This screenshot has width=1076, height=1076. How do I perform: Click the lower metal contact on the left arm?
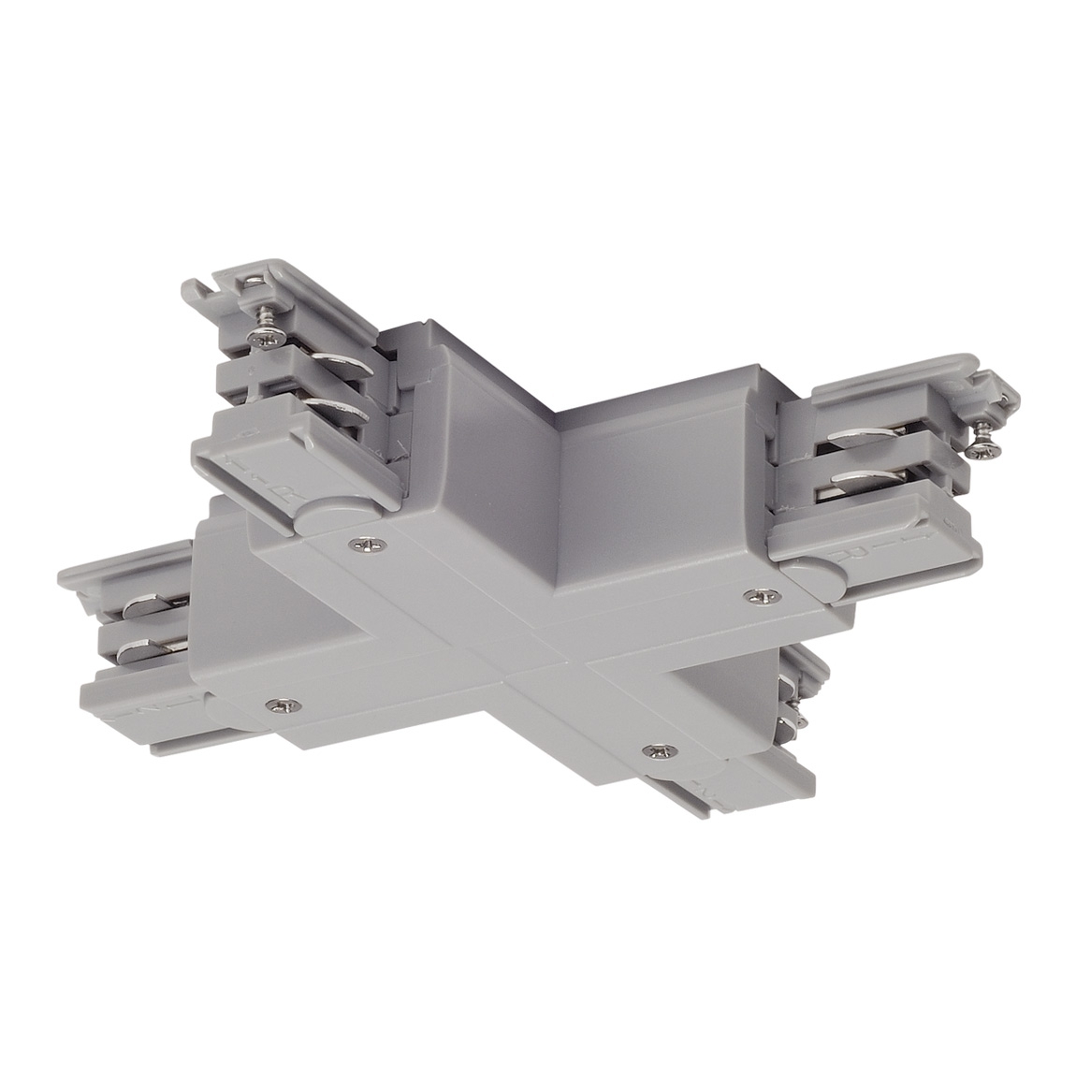[150, 647]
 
